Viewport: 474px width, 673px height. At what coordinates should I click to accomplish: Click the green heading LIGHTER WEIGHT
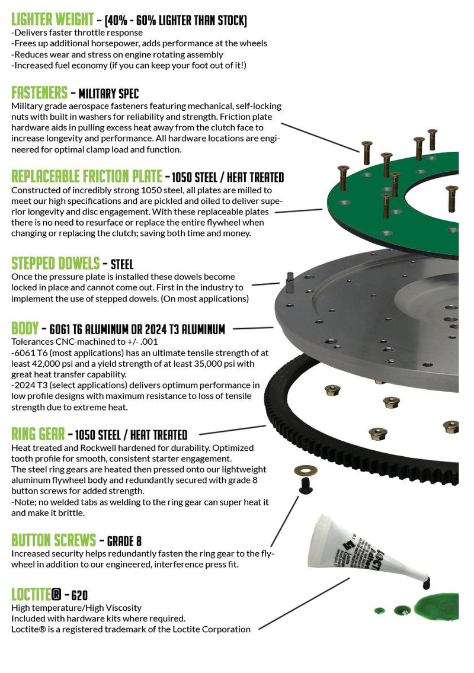(53, 20)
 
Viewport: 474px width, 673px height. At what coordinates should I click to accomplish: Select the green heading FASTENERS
(39, 93)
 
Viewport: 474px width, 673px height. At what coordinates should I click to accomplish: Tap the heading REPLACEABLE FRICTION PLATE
(87, 177)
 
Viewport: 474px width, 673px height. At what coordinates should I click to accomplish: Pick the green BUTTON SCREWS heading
(53, 540)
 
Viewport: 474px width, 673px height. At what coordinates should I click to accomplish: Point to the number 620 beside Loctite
(81, 595)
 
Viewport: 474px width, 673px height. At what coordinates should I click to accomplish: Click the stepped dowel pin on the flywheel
(290, 281)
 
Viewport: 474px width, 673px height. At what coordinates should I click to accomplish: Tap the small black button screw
(306, 486)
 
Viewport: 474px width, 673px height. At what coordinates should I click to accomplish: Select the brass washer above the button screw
(305, 471)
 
